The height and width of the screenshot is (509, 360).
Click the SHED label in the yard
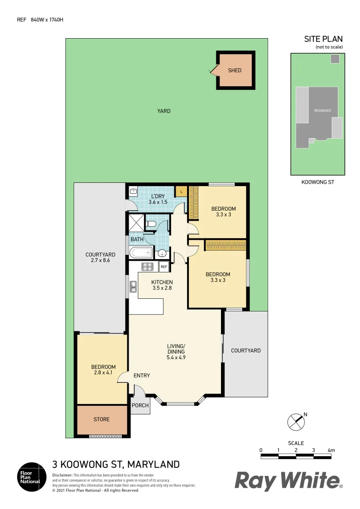[235, 70]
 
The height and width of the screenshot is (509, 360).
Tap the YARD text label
[164, 111]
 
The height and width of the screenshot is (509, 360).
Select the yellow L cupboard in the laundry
[181, 192]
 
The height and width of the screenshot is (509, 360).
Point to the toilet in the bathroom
[152, 223]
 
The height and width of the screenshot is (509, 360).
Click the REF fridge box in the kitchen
[164, 267]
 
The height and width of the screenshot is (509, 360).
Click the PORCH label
[140, 405]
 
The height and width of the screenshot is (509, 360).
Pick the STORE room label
[101, 419]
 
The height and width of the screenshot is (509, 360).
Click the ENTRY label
[142, 376]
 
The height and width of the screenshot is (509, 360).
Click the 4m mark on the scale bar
[331, 451]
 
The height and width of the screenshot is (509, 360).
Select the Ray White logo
[288, 481]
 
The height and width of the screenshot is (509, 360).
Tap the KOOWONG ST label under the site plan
[318, 182]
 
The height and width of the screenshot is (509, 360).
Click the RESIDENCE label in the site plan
[322, 111]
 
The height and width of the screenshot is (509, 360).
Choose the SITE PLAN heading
[323, 39]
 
